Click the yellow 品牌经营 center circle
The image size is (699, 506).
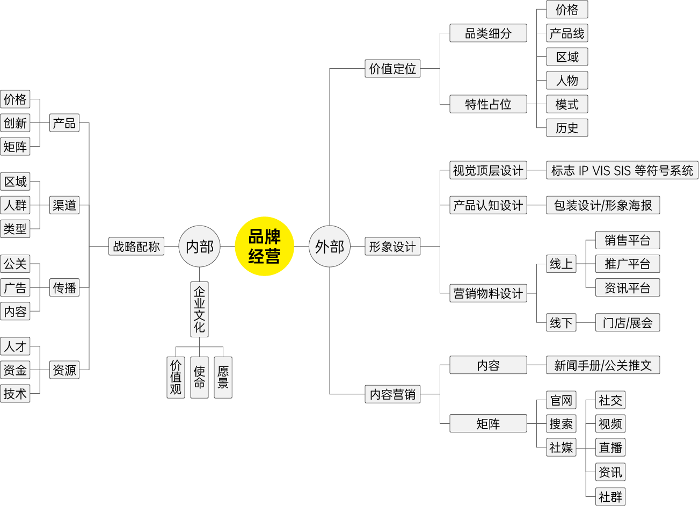(264, 247)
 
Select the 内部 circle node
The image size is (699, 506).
(199, 247)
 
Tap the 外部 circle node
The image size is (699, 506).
(329, 247)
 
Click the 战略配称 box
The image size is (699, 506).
(136, 247)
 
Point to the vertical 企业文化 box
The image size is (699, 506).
(199, 309)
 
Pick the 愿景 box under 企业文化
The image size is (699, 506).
(223, 377)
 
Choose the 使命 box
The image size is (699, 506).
(199, 377)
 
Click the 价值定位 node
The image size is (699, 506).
(392, 69)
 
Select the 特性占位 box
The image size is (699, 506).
(488, 104)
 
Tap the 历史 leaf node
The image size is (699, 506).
(567, 128)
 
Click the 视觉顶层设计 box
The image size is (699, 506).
(488, 171)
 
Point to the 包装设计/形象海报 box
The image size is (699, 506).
(603, 205)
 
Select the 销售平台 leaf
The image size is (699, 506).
(627, 240)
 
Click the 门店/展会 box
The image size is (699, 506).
(627, 323)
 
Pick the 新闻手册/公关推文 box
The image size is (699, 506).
(603, 365)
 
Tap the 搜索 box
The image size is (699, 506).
(561, 424)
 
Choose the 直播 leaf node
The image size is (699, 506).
(610, 447)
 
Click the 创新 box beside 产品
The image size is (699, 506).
(15, 123)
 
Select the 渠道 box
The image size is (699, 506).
(64, 205)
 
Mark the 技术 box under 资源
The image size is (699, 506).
(15, 393)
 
